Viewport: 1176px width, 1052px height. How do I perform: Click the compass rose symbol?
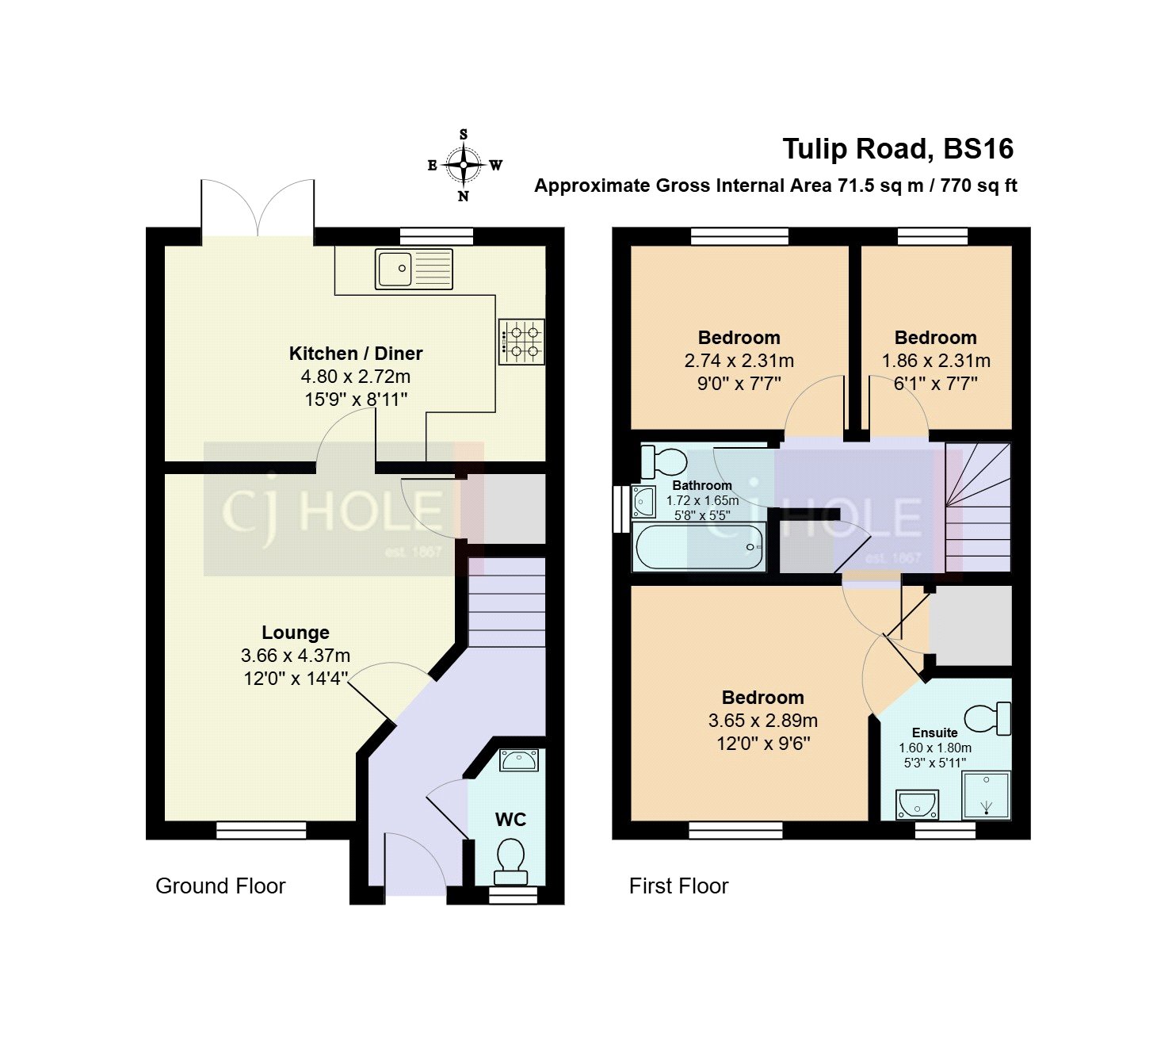pyautogui.click(x=464, y=166)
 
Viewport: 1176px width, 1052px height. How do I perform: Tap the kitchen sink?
pyautogui.click(x=414, y=269)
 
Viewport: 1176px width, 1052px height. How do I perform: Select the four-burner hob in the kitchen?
pyautogui.click(x=521, y=342)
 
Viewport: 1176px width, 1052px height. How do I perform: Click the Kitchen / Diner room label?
pyautogui.click(x=356, y=354)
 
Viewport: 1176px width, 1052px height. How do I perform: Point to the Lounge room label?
pyautogui.click(x=296, y=633)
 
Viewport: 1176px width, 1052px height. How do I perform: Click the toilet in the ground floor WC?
pyautogui.click(x=510, y=861)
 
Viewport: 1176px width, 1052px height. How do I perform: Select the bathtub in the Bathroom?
pyautogui.click(x=698, y=547)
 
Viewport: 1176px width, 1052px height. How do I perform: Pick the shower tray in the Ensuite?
pyautogui.click(x=987, y=795)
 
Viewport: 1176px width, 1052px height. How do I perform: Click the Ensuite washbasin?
pyautogui.click(x=917, y=805)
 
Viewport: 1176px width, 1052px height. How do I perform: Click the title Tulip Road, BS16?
pyautogui.click(x=898, y=149)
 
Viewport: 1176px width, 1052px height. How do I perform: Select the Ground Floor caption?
pyautogui.click(x=220, y=886)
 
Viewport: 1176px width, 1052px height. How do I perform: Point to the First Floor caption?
pyautogui.click(x=678, y=886)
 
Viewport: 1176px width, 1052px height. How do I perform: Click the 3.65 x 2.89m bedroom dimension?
pyautogui.click(x=762, y=721)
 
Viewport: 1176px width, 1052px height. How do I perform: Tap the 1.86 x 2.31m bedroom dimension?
pyautogui.click(x=936, y=361)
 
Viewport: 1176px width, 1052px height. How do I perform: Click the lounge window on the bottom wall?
pyautogui.click(x=262, y=830)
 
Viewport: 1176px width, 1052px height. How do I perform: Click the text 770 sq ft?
pyautogui.click(x=979, y=186)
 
